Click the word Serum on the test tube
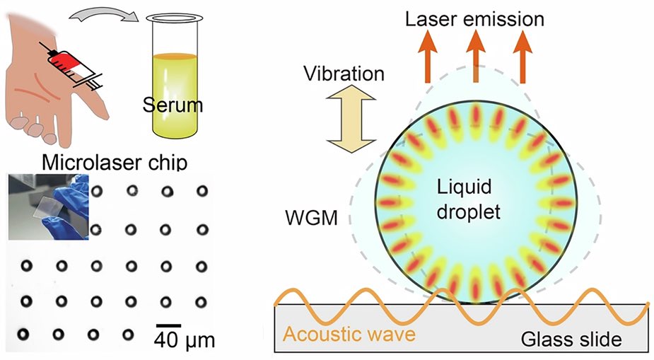pos(171,106)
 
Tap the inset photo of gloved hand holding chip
pos(48,207)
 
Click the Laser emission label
pos(474,17)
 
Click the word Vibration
pos(343,74)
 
